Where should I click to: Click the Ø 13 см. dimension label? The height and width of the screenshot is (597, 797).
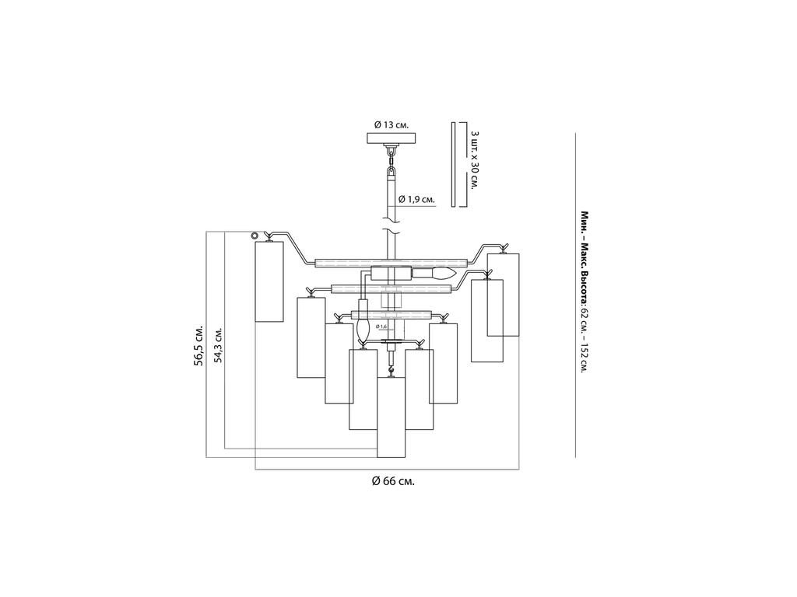click(391, 124)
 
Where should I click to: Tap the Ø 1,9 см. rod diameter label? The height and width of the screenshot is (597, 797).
click(416, 200)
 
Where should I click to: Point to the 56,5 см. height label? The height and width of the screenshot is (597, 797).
click(199, 344)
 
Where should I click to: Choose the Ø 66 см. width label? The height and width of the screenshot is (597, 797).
click(392, 481)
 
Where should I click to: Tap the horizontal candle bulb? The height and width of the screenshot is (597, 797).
click(442, 273)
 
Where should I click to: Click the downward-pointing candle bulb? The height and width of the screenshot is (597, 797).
click(362, 332)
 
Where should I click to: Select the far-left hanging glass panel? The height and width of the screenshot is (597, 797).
click(269, 281)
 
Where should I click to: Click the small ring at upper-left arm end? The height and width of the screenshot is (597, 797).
click(255, 236)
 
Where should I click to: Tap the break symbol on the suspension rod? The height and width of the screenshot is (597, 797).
click(391, 231)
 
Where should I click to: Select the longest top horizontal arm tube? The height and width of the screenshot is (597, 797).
click(391, 262)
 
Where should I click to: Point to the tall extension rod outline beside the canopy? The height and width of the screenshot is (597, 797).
click(453, 164)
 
